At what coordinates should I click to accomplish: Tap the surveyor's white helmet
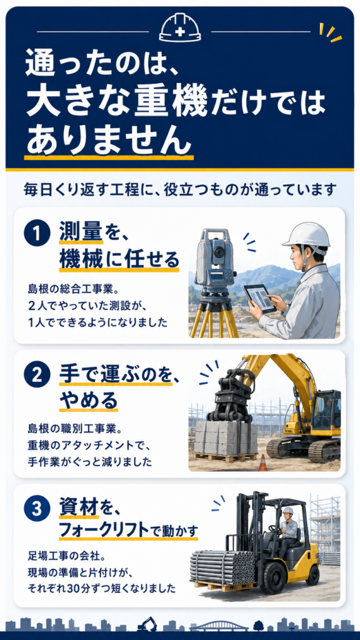point(306,235)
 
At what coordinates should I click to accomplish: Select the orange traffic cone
point(263,462)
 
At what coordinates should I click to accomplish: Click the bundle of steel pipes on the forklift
point(223,566)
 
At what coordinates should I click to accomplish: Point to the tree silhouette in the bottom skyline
point(258,625)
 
